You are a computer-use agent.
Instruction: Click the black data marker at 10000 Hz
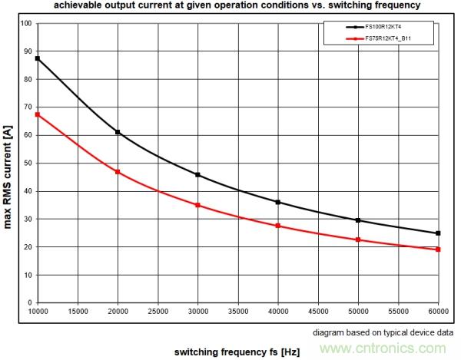[x=38, y=58]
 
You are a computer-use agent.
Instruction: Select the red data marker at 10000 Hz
[x=38, y=114]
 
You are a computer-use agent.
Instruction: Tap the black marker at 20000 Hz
[x=118, y=132]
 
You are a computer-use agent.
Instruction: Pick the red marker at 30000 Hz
[x=197, y=205]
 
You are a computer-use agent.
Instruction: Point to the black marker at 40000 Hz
[x=277, y=202]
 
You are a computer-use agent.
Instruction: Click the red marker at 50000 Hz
[x=358, y=239]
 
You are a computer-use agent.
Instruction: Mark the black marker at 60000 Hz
[x=438, y=233]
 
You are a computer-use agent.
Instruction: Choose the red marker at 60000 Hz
[x=438, y=249]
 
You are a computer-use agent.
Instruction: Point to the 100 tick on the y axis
[x=25, y=23]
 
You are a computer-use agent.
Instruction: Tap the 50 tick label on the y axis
[x=27, y=163]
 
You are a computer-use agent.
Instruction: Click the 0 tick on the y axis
[x=29, y=302]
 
